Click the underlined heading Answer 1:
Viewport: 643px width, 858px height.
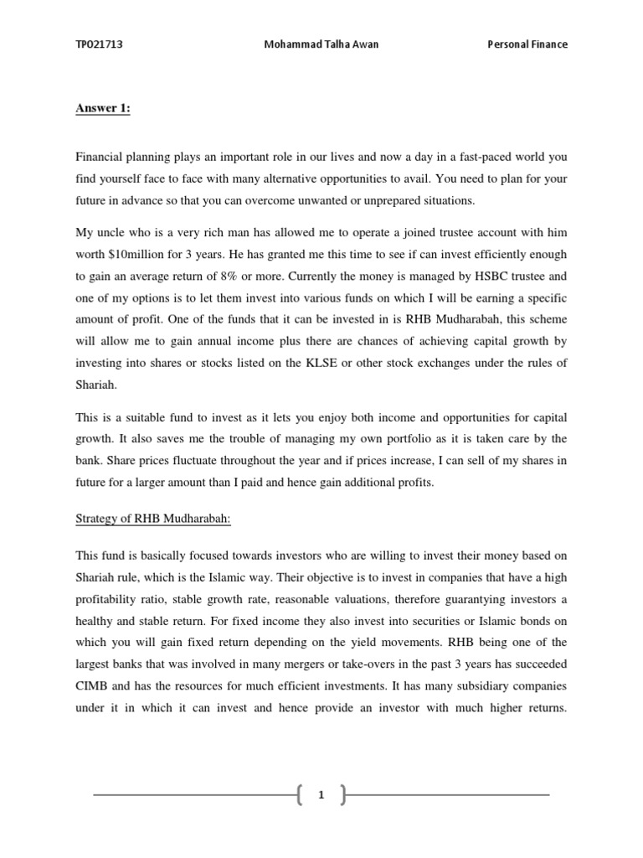[x=103, y=108]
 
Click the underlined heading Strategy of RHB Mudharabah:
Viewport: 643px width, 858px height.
[x=152, y=519]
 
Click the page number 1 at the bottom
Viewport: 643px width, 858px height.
[x=321, y=795]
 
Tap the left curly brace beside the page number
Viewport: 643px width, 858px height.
[x=299, y=795]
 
